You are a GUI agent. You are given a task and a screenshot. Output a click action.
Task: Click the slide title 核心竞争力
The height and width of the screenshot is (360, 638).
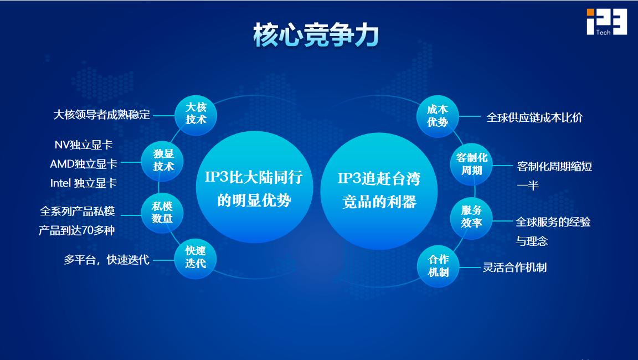coord(316,35)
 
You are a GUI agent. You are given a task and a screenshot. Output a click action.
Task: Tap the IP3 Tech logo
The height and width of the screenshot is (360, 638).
coord(606,22)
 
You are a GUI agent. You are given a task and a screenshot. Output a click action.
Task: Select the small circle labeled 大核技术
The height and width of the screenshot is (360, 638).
coord(195,115)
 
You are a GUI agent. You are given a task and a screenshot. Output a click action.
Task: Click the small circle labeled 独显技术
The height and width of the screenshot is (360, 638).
coord(162,161)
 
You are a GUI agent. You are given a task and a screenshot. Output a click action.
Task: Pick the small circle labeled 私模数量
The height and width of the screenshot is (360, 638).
coord(162,213)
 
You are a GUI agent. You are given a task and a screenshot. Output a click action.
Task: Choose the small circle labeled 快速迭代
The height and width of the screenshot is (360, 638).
coord(195,258)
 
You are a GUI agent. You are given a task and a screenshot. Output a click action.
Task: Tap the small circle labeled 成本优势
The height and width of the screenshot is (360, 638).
coord(438,116)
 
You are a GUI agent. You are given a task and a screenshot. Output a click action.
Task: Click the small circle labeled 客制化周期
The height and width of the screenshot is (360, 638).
coord(472,164)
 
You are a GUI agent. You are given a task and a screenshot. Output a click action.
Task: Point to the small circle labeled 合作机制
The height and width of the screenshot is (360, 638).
coord(438,266)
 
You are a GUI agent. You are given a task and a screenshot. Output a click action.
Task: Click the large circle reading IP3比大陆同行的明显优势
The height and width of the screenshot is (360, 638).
coord(254,188)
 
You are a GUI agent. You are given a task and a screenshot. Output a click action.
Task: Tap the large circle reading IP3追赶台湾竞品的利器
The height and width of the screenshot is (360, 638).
coord(379,191)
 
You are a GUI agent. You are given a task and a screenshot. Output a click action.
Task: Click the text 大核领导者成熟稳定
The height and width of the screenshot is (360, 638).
coord(102,115)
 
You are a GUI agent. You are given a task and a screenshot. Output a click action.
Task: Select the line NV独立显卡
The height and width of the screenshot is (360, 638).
coord(84,145)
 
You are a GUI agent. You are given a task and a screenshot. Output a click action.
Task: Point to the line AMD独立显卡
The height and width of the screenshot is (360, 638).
coord(84,164)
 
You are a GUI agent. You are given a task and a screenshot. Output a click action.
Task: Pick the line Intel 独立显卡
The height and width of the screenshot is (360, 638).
coord(84,183)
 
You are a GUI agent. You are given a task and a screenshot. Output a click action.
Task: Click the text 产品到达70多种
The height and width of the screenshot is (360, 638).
coord(77,230)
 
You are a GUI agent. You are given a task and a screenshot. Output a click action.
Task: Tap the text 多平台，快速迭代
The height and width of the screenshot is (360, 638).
coord(106,260)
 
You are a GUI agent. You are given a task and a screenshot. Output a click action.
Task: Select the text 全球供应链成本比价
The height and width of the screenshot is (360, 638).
coord(534,118)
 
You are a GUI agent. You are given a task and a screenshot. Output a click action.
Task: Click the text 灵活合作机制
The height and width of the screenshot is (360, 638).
coord(514,268)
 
